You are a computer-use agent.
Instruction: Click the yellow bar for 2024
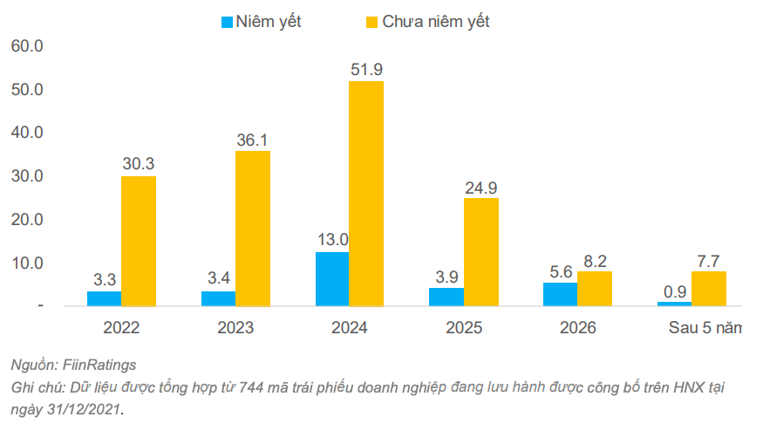(x=366, y=193)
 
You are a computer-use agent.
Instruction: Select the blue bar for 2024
(x=332, y=278)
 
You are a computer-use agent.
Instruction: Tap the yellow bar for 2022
(x=139, y=241)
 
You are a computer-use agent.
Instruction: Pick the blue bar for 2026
(x=560, y=294)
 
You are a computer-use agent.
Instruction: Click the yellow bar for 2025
(x=480, y=252)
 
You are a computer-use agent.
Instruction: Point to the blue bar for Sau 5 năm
(x=674, y=304)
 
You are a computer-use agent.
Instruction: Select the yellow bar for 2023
(x=252, y=228)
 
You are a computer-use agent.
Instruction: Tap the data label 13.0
(x=332, y=239)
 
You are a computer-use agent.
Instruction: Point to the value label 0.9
(x=674, y=291)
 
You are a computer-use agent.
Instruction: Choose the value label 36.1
(x=252, y=139)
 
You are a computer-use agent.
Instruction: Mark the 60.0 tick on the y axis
(x=27, y=46)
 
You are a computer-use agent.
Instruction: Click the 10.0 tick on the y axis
(x=27, y=263)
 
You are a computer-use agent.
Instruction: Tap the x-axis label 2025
(x=462, y=329)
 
